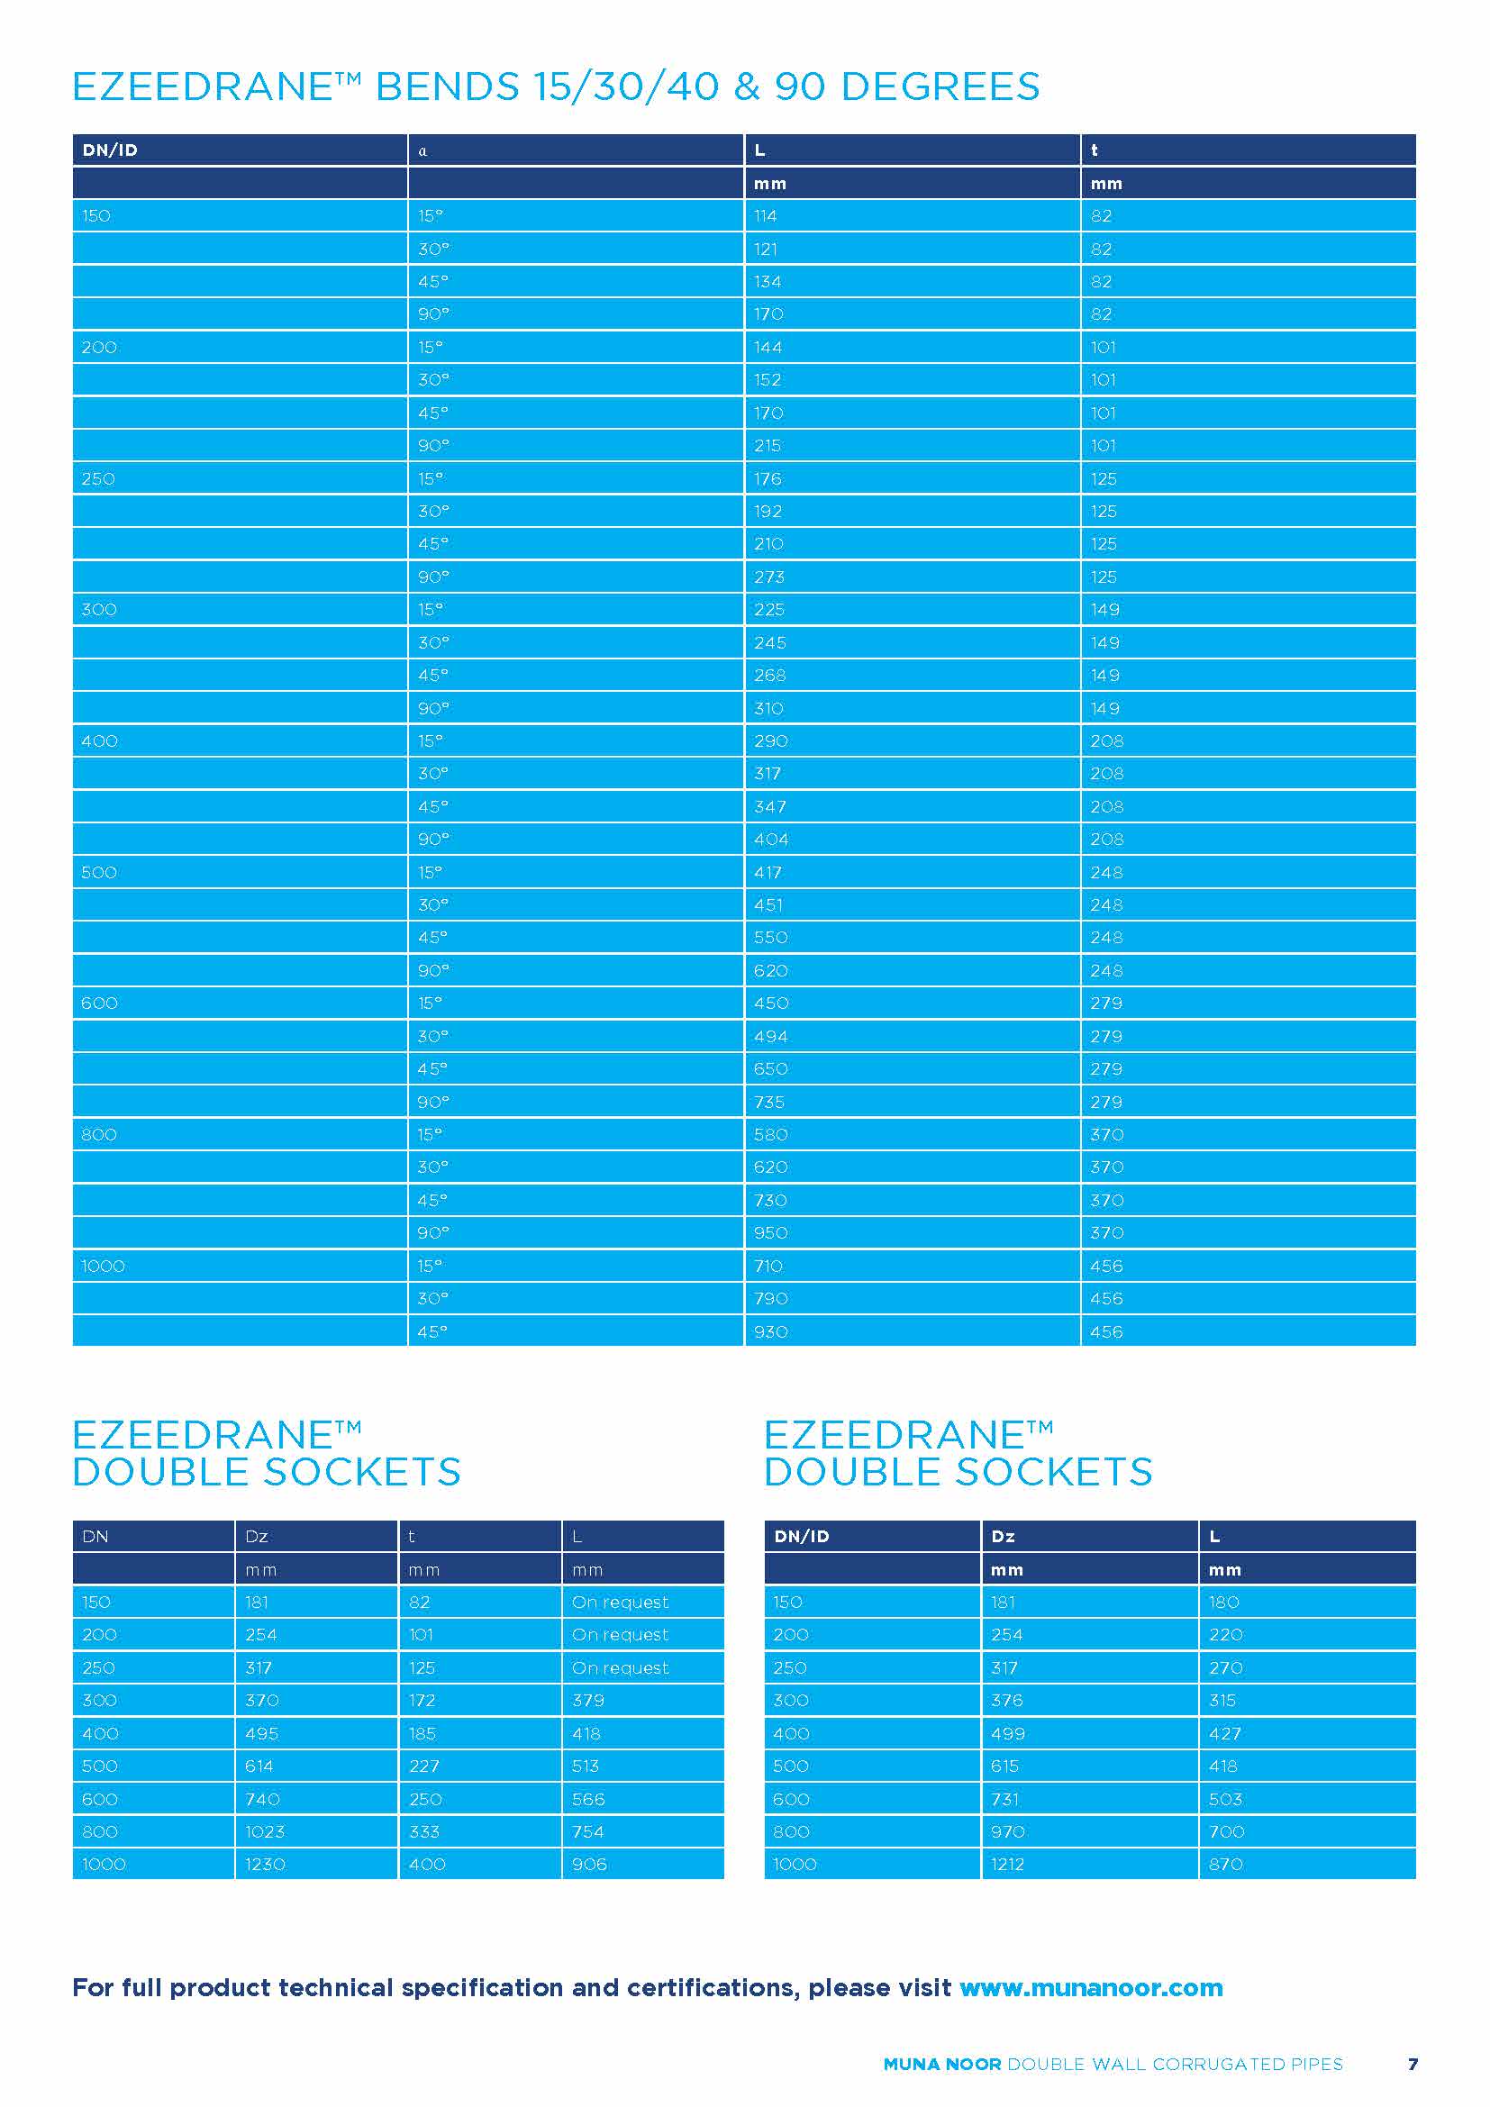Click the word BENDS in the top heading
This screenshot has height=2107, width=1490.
click(448, 87)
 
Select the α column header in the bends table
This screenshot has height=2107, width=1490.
click(423, 151)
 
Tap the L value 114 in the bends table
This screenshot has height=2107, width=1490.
click(765, 216)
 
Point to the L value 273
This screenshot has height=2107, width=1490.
click(768, 577)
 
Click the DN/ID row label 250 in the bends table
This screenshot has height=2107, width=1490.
click(98, 479)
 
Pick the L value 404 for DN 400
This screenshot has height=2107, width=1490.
click(771, 840)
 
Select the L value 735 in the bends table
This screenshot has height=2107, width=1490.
click(768, 1102)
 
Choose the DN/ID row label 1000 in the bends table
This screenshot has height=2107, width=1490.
click(103, 1267)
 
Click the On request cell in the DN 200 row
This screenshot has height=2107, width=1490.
click(620, 1634)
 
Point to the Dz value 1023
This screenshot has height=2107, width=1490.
click(265, 1831)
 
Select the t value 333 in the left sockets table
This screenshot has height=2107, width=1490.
click(424, 1831)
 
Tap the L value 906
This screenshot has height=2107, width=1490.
click(589, 1864)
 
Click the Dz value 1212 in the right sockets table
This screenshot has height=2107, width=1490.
click(1007, 1864)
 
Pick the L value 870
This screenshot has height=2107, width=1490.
click(1226, 1864)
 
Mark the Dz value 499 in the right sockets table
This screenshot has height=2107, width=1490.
click(1007, 1733)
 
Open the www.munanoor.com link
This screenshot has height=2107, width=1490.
click(1091, 1988)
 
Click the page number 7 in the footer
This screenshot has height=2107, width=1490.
click(1413, 2064)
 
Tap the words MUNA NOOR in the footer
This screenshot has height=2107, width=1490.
click(941, 2065)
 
